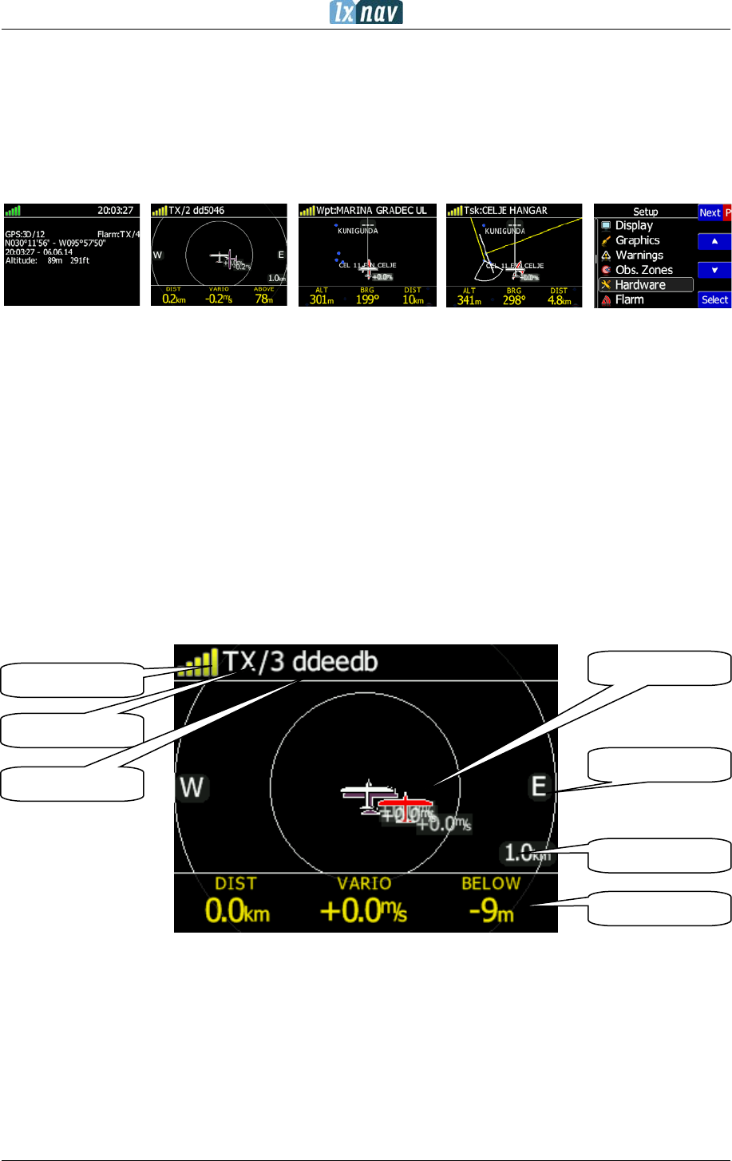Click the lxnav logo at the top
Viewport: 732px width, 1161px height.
coord(366,13)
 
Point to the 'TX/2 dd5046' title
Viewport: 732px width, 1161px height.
coord(196,211)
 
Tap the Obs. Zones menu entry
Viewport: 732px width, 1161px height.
coord(643,270)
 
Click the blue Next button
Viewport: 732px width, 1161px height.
coord(710,212)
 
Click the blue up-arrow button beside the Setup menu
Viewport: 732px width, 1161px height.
coord(715,241)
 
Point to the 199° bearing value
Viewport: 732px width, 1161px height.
coord(367,300)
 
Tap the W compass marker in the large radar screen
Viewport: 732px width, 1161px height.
coord(192,787)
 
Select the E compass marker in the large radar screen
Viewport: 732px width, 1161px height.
coord(539,787)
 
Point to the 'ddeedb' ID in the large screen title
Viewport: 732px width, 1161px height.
coord(334,662)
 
